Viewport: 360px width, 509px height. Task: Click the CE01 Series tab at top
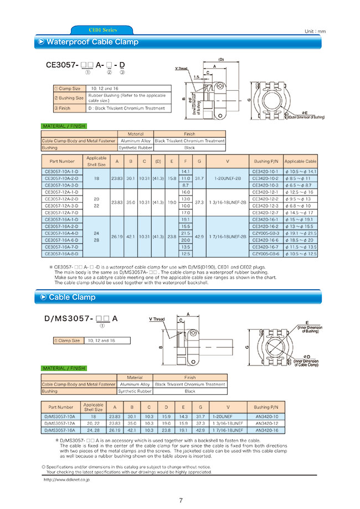102,30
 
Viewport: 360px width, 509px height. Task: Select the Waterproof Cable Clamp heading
92,42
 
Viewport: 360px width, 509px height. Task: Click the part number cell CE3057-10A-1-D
61,172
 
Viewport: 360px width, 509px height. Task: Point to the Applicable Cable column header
301,161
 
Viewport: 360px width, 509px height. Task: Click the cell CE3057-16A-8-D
61,253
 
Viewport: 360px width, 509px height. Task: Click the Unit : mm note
315,32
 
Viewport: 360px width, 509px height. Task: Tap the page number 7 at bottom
181,501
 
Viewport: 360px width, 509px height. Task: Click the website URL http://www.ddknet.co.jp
67,480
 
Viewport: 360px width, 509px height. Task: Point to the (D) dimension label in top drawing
220,59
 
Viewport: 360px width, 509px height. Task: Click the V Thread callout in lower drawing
157,320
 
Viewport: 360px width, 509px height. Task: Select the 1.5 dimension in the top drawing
196,77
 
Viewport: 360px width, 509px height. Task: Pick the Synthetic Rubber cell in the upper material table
136,148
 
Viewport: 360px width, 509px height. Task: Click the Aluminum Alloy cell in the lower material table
135,384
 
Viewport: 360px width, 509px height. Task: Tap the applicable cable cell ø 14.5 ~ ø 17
301,213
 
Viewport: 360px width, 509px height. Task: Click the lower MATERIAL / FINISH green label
64,368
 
